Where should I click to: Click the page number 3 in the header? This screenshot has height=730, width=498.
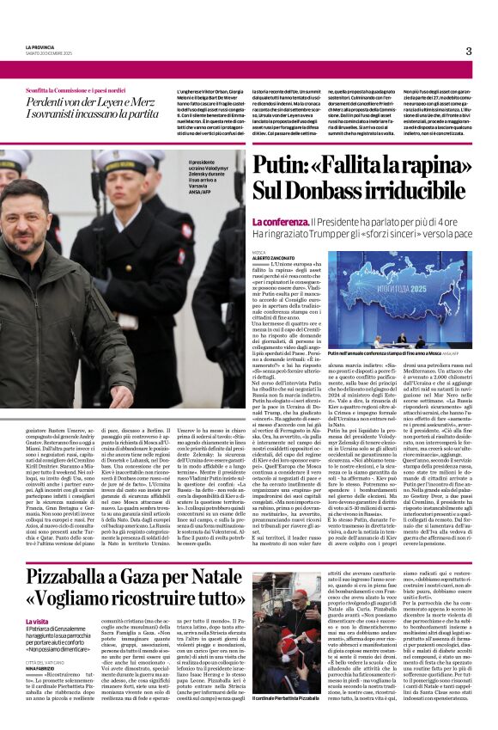point(469,51)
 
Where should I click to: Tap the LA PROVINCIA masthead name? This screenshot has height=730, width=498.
point(39,47)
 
